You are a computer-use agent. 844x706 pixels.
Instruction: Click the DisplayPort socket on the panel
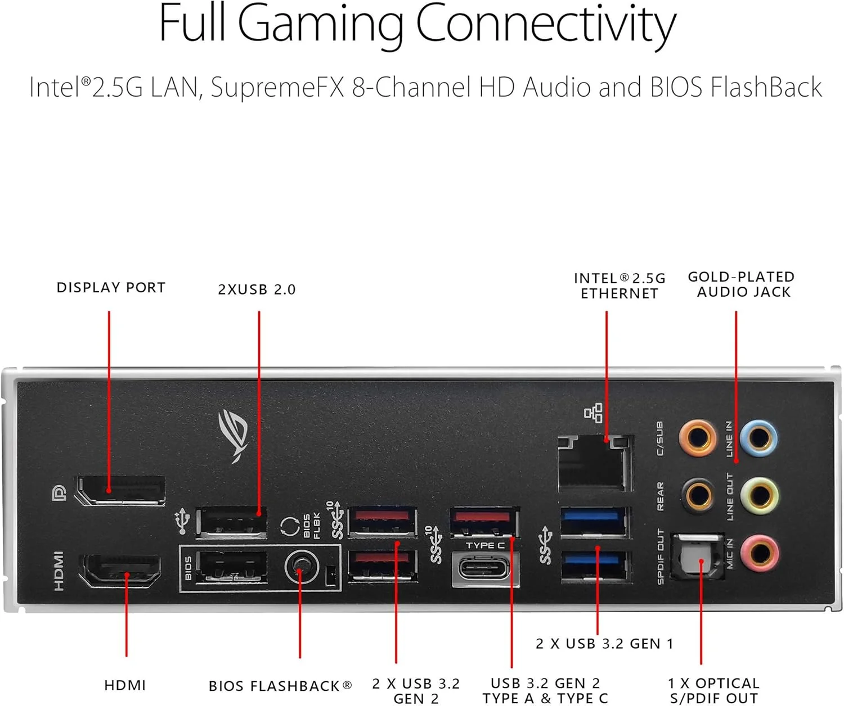[x=120, y=490]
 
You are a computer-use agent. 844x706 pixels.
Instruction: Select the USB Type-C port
[x=484, y=569]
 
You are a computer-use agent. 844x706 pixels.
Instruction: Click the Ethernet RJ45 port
[x=595, y=462]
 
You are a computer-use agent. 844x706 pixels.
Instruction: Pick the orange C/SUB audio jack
[x=698, y=437]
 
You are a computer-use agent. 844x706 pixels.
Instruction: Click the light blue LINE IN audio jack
[x=759, y=437]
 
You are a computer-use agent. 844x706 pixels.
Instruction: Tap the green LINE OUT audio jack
[x=759, y=495]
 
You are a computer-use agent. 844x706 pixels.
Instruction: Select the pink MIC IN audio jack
[x=759, y=552]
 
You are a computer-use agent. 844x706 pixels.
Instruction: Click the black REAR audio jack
[x=698, y=495]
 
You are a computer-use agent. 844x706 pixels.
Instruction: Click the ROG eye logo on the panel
[x=234, y=435]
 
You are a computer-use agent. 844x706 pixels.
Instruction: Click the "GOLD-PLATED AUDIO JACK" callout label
[x=742, y=284]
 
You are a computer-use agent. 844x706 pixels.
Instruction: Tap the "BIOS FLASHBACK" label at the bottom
[x=280, y=686]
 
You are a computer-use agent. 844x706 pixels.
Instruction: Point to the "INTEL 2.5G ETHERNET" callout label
[x=619, y=286]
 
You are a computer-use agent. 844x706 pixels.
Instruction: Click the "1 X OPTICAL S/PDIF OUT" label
[x=713, y=691]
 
